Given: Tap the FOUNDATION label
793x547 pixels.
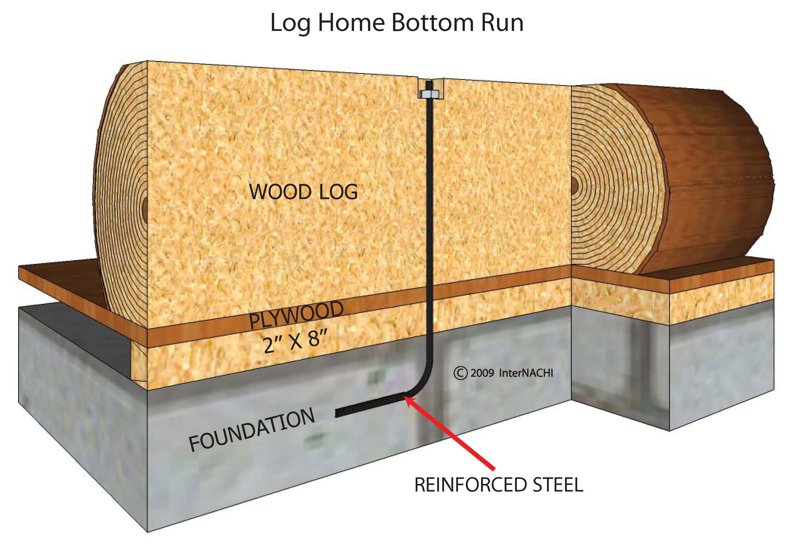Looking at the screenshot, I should (x=251, y=430).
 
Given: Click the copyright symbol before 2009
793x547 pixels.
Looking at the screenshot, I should (x=460, y=373).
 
